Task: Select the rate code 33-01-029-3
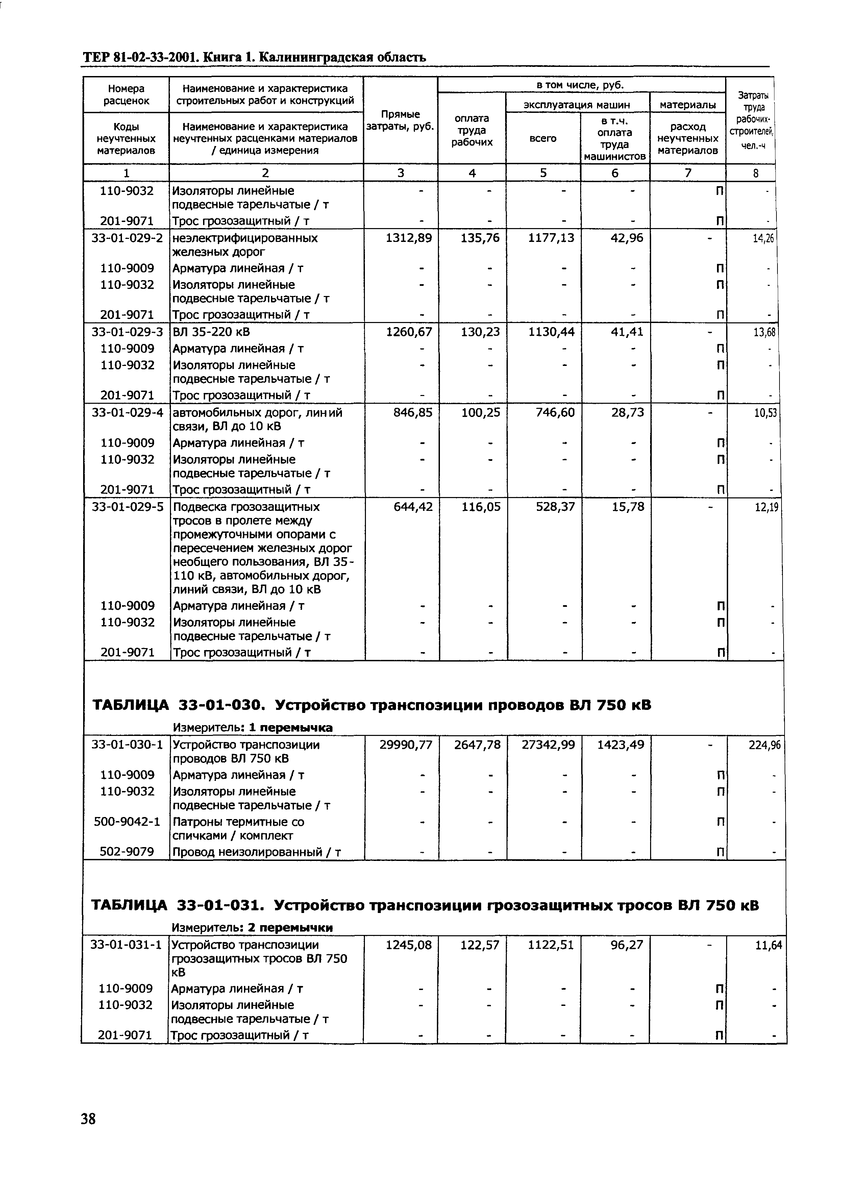[x=127, y=331]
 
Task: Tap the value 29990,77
[x=406, y=745]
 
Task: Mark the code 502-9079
[x=127, y=851]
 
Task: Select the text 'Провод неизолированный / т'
[x=256, y=851]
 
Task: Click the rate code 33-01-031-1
[x=126, y=945]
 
